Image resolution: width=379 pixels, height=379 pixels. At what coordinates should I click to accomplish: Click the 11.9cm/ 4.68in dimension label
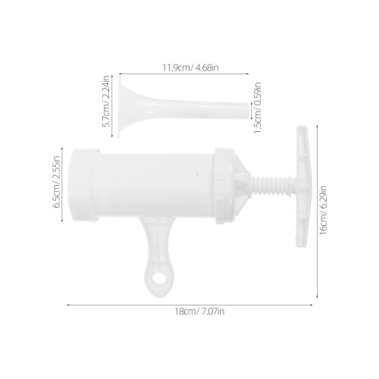190,68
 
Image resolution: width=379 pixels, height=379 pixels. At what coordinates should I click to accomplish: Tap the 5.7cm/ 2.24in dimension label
107,102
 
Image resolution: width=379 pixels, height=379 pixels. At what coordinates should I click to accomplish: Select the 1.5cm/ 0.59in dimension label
257,108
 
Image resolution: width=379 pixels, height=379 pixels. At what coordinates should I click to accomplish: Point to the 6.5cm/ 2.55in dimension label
57,181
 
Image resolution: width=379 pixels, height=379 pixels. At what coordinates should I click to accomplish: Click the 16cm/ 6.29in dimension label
323,210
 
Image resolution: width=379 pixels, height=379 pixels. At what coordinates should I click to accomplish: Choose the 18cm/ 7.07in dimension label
199,312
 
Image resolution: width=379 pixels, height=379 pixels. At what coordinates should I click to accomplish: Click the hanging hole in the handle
159,278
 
